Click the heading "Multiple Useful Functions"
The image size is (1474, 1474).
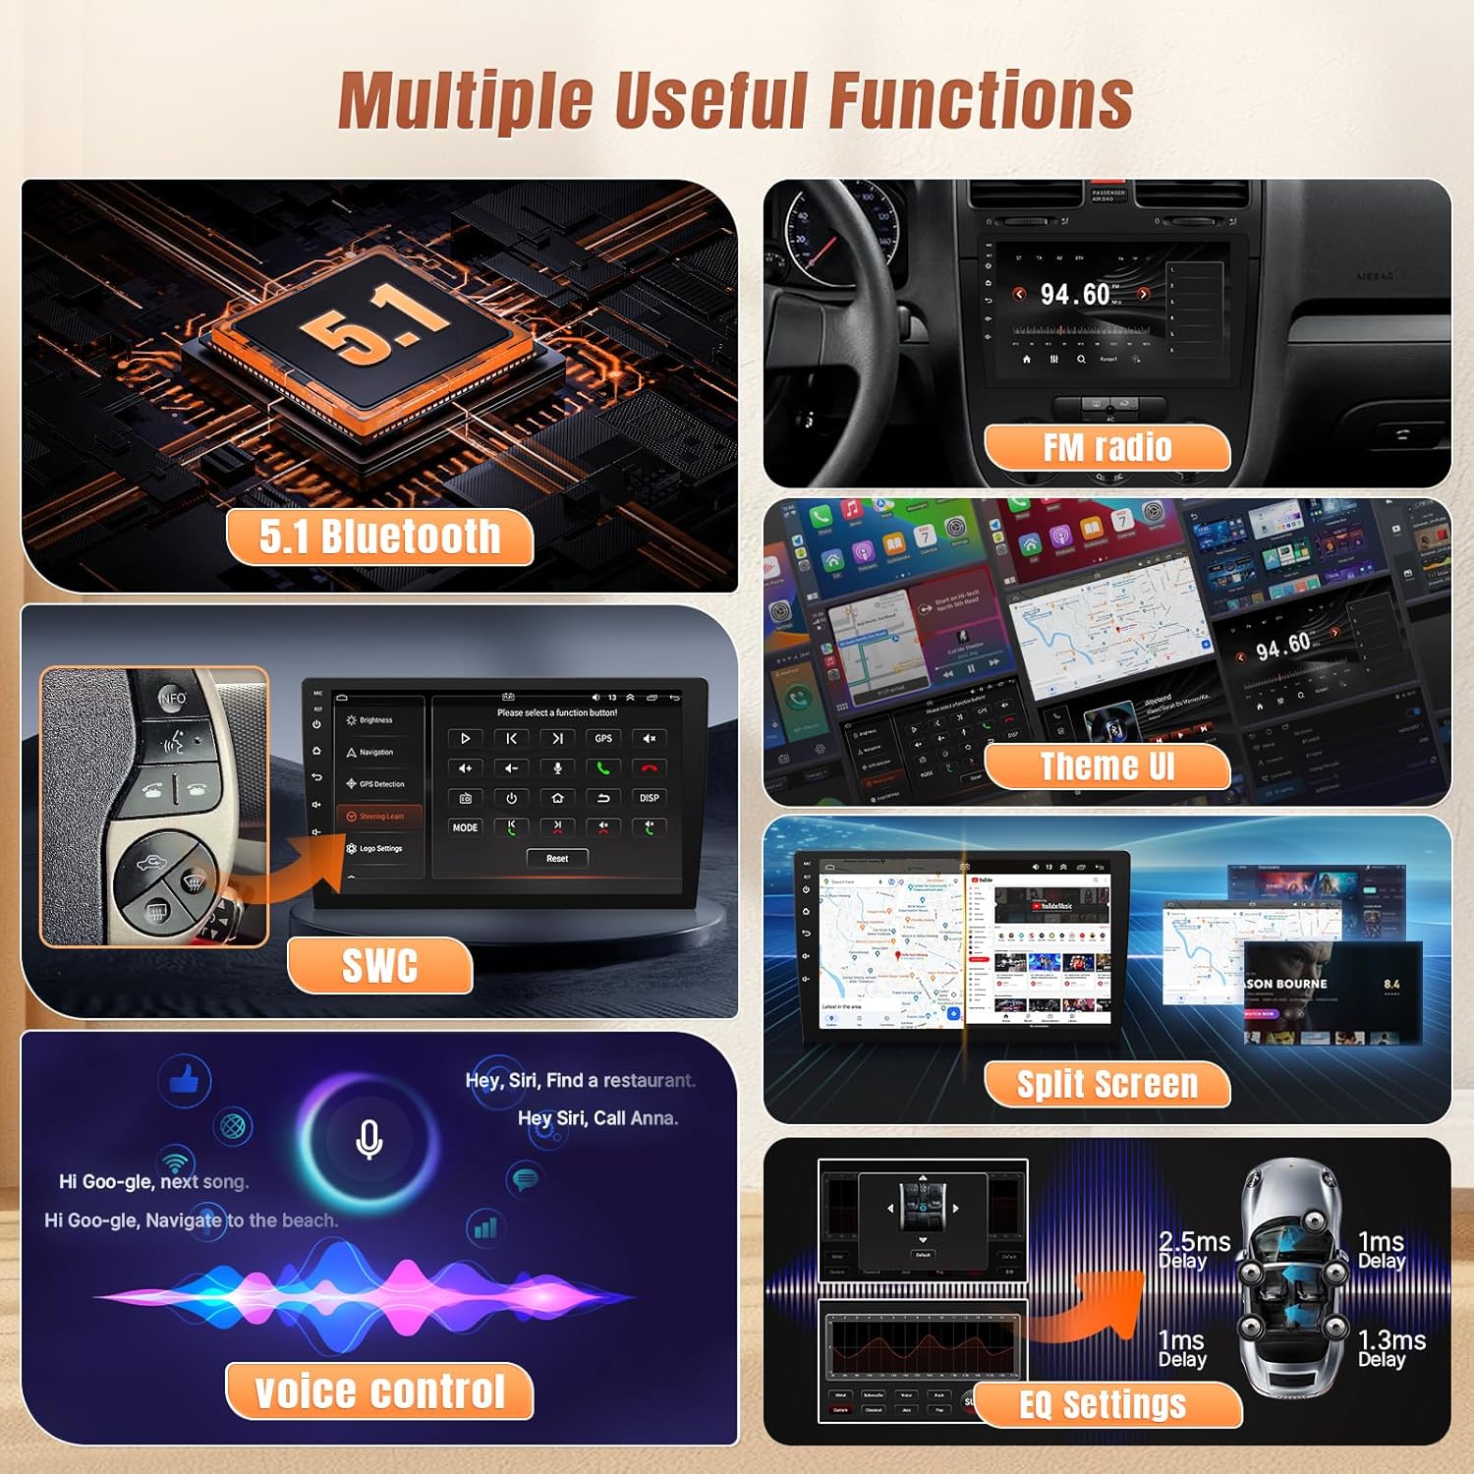[735, 100]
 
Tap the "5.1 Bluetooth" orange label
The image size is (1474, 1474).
[379, 537]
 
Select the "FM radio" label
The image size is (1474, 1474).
[1106, 448]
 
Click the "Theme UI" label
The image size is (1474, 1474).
[1106, 766]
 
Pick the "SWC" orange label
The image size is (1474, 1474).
[379, 965]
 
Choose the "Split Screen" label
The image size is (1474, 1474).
[1106, 1084]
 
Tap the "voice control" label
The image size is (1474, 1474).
[379, 1391]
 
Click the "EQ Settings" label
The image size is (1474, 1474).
[1103, 1404]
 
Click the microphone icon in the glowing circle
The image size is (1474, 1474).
[368, 1139]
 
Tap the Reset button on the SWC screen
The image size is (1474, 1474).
[557, 858]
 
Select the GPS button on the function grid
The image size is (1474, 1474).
[603, 738]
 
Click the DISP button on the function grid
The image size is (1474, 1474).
[650, 798]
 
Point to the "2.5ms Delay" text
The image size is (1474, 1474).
[1193, 1250]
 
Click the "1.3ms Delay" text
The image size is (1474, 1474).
[1390, 1348]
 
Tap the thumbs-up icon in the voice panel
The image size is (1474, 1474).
[184, 1081]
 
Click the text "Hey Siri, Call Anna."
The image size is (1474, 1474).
[597, 1118]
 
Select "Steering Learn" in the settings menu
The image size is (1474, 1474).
[380, 817]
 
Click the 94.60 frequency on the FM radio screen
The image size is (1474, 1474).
[1075, 294]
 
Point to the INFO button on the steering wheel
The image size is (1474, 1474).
[173, 698]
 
